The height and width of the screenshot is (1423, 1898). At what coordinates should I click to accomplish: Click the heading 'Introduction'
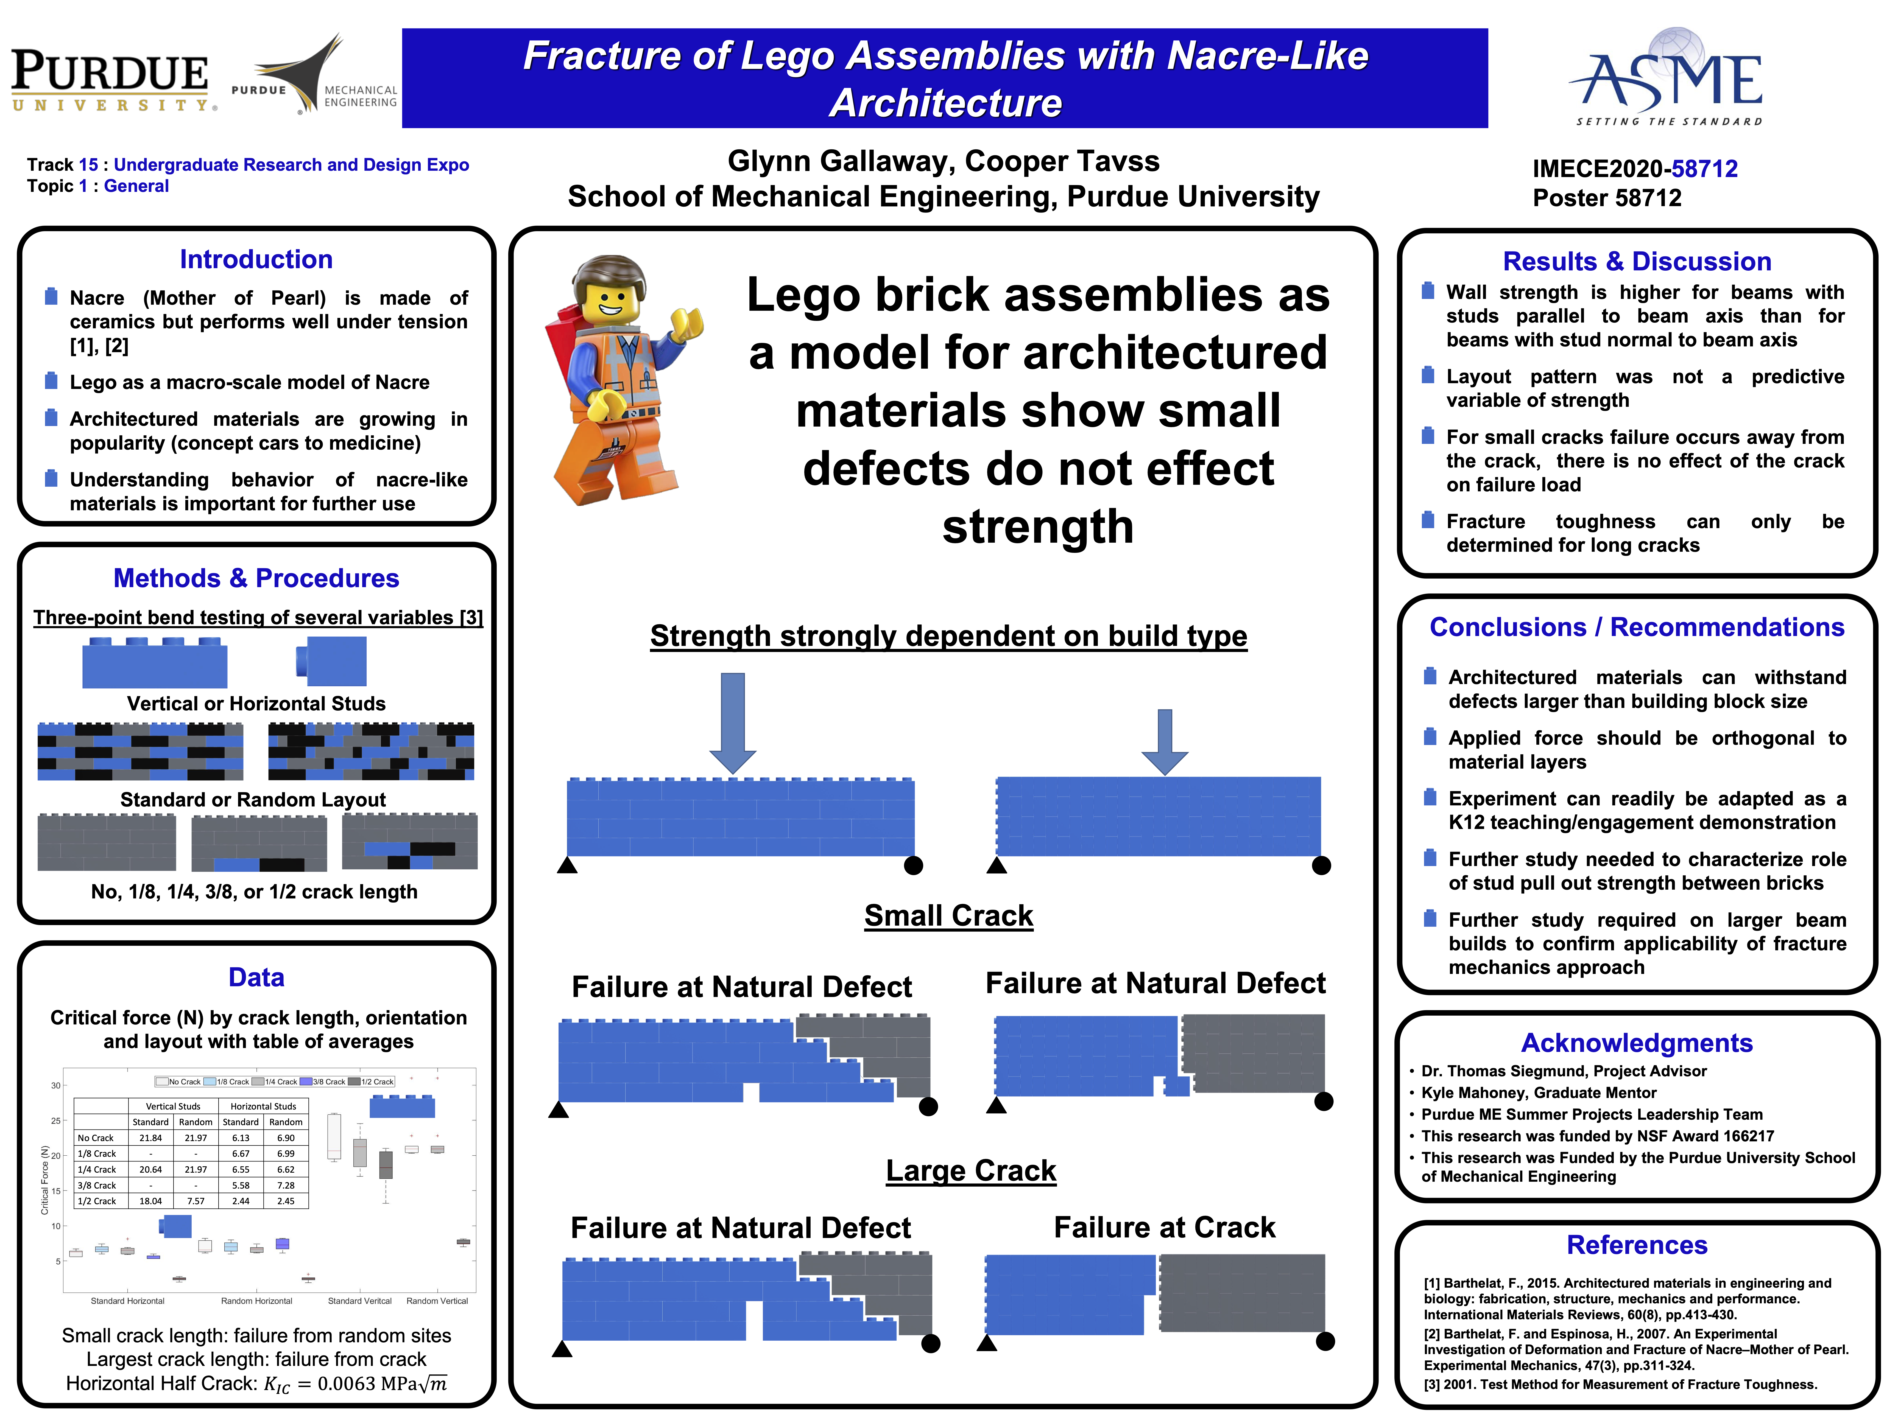point(256,259)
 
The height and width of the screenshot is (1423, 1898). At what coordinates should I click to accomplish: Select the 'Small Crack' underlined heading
point(948,915)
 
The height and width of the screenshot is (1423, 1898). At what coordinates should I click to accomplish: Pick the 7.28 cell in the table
point(286,1185)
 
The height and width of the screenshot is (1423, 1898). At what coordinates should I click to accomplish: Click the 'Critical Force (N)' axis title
point(44,1180)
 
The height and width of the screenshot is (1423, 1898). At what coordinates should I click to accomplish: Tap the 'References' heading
point(1636,1245)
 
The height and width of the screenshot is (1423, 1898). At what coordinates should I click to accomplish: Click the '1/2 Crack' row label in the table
point(97,1201)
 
